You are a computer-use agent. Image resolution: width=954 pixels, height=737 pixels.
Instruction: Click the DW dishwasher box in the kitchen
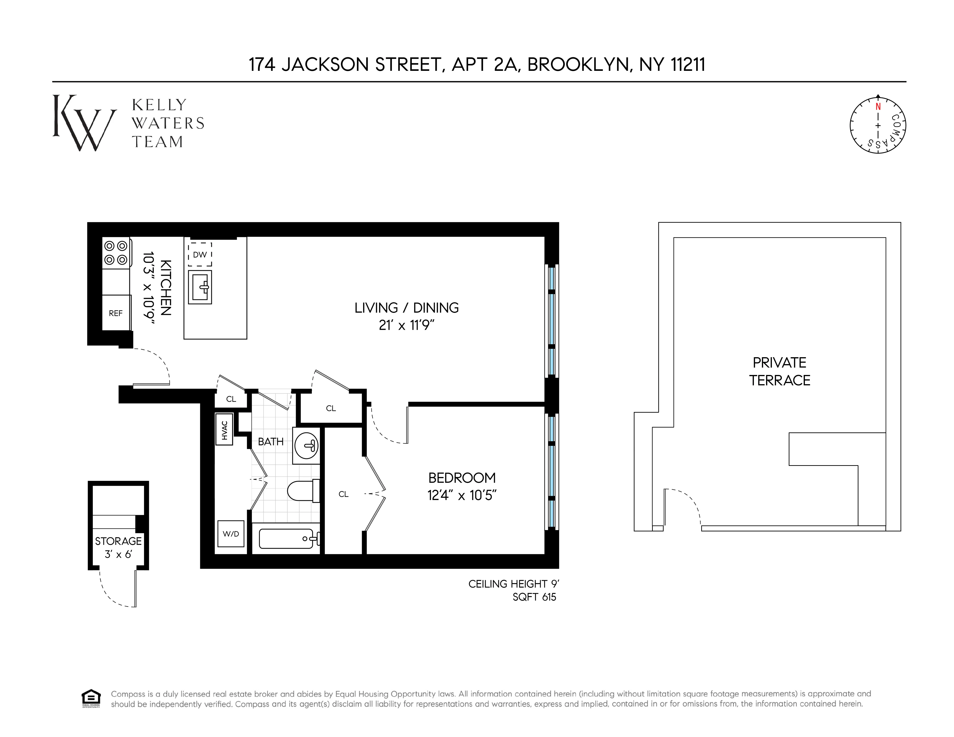(200, 254)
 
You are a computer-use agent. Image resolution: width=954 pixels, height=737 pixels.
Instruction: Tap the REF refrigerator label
(116, 313)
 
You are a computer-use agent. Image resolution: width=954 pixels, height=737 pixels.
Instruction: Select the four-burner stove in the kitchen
(116, 253)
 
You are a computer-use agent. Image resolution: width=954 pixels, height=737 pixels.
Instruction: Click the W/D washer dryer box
(231, 533)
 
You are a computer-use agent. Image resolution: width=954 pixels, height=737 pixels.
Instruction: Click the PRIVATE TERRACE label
(780, 371)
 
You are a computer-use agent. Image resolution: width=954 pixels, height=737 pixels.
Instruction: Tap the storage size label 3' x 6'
(118, 554)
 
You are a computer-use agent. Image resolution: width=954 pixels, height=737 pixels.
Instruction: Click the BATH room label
(271, 441)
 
